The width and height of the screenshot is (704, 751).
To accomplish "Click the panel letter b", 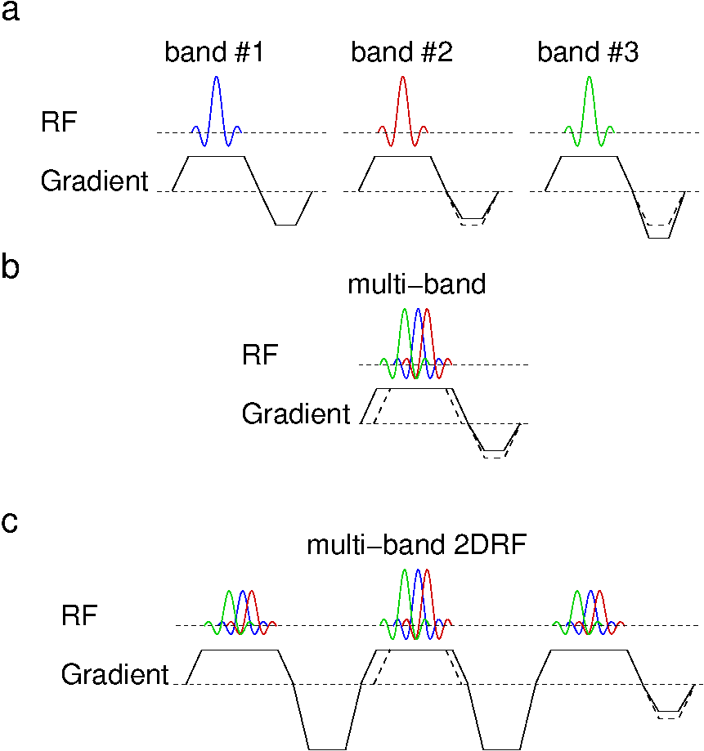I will (11, 268).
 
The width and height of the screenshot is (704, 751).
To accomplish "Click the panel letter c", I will (11, 523).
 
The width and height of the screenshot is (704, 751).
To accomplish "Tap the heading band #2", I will (401, 53).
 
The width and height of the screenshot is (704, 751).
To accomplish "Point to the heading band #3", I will (588, 53).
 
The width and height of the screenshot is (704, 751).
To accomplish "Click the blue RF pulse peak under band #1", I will (216, 78).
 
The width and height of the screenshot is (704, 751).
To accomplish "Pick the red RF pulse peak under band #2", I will (402, 78).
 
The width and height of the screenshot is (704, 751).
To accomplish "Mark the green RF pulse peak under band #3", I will (589, 78).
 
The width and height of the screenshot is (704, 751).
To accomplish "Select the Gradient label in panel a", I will (94, 181).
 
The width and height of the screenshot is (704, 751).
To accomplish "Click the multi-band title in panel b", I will (417, 284).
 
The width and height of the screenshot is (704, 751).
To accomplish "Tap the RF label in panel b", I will (260, 355).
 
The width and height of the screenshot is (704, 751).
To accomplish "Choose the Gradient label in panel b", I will (295, 413).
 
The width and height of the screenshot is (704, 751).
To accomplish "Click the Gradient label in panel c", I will (114, 675).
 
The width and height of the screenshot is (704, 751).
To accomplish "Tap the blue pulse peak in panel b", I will (418, 311).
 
